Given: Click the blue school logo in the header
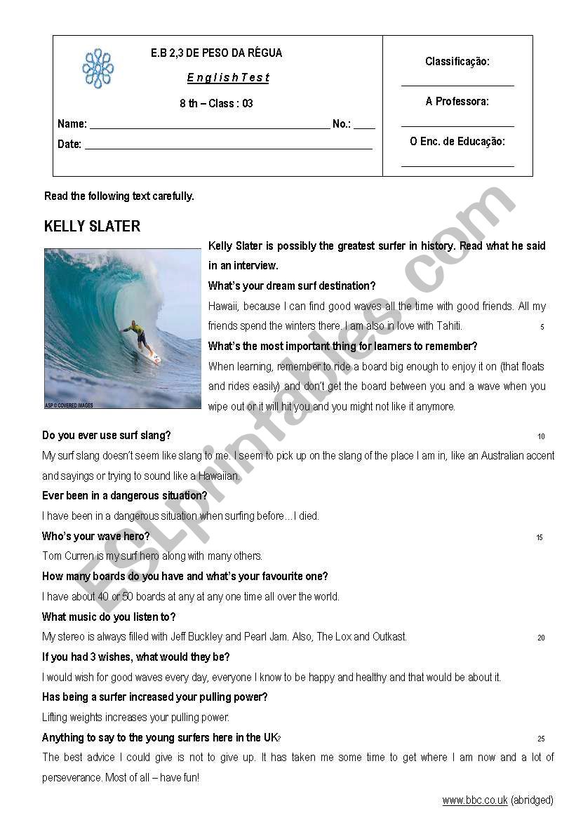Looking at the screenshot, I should point(98,69).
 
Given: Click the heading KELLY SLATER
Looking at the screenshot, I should point(92,227).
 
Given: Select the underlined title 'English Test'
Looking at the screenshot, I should point(228,78).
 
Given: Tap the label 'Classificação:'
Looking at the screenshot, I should point(457,62).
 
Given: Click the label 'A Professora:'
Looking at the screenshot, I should point(457,102).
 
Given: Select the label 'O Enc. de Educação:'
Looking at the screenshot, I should point(457,142).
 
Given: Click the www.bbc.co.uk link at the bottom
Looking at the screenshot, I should point(475,800).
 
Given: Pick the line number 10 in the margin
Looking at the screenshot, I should point(541,437).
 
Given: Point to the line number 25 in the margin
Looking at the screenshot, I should point(541,739).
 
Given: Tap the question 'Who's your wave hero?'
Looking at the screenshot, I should point(96,537).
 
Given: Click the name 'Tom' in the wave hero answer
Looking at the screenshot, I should point(53,556).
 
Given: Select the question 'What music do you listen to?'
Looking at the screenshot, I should point(109,617).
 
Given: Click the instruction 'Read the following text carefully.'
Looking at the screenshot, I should point(119,196).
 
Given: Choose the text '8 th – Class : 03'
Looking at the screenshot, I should point(216,104).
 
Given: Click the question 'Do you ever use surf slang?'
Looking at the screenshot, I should point(107,436).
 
